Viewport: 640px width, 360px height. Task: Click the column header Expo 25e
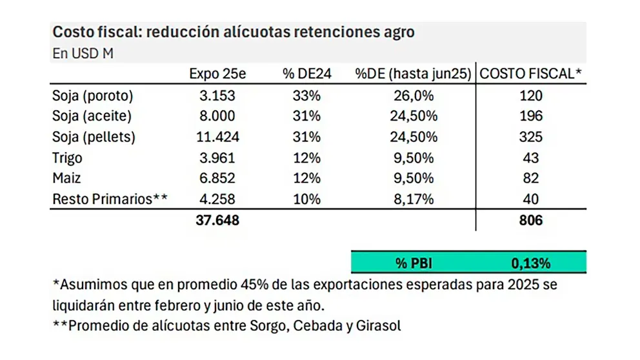[217, 74]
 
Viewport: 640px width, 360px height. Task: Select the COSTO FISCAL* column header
[530, 74]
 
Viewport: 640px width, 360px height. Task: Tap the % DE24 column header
[307, 74]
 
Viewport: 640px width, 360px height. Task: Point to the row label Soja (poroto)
[92, 95]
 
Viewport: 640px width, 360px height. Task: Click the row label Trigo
[68, 157]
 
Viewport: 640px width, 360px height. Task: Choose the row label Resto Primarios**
[110, 199]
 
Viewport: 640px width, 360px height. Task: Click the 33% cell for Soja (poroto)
[307, 95]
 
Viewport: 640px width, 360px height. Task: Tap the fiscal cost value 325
[530, 137]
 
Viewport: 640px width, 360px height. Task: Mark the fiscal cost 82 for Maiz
[530, 178]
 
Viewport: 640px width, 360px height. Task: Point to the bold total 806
[530, 220]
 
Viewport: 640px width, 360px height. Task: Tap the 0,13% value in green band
[530, 263]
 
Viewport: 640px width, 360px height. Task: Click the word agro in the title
[399, 32]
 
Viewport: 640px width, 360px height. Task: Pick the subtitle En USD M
[83, 54]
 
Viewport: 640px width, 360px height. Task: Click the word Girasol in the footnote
[379, 326]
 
